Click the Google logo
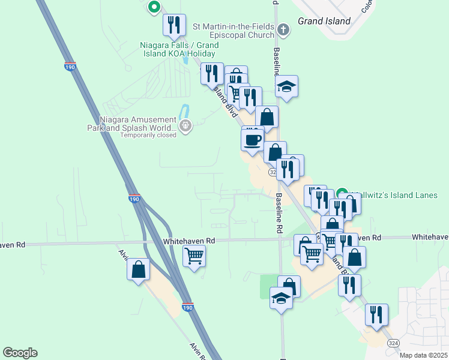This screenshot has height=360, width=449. (20, 353)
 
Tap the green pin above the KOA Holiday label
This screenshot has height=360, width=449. (154, 7)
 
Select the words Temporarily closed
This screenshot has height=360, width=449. (148, 135)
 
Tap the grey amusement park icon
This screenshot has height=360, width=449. (185, 126)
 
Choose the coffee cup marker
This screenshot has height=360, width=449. (252, 140)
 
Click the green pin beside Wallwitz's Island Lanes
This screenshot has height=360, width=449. (343, 194)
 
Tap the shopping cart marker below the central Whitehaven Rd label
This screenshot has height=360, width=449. (194, 257)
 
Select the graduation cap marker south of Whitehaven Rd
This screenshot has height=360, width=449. (281, 298)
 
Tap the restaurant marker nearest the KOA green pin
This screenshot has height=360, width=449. (173, 25)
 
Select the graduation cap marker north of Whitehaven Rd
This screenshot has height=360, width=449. (287, 86)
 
